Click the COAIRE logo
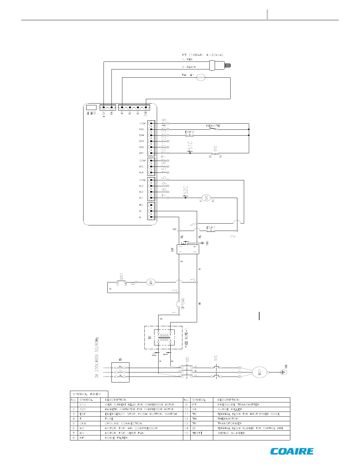(292, 451)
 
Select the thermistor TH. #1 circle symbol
(201, 78)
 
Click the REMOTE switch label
(213, 126)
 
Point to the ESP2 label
(189, 132)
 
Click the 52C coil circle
(206, 198)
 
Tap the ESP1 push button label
(211, 227)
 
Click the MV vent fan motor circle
(151, 282)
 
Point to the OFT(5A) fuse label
(183, 304)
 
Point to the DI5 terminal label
(142, 129)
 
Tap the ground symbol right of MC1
(284, 372)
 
